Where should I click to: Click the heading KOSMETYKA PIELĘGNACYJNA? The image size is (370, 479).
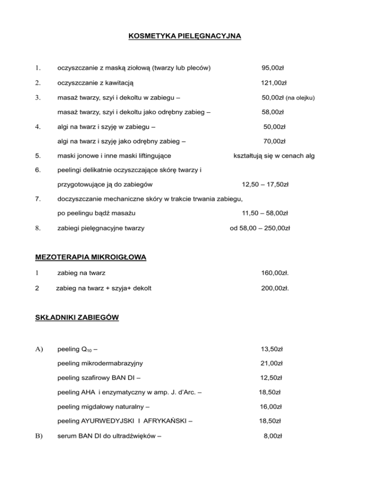point(185,36)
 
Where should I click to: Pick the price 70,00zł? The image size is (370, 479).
point(274,141)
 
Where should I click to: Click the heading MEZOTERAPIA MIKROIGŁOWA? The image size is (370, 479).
point(90,257)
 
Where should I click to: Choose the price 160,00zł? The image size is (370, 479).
point(275,273)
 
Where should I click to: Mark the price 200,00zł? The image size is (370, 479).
point(275,289)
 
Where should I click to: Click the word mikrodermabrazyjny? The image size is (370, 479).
point(111,363)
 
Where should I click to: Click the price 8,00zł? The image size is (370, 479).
point(273,436)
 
